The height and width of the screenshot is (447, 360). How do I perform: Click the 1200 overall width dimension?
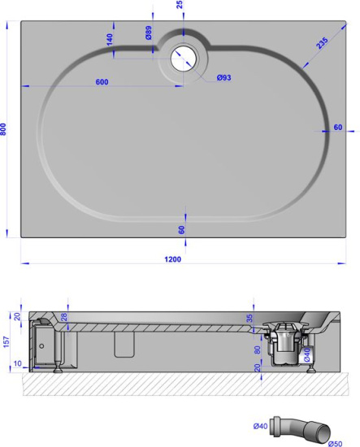pyautogui.click(x=172, y=259)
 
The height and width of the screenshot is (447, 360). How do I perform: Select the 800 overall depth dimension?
pyautogui.click(x=5, y=129)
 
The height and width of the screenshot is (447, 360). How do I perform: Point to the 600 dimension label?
pyautogui.click(x=102, y=81)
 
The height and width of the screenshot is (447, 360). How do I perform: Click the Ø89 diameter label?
pyautogui.click(x=149, y=34)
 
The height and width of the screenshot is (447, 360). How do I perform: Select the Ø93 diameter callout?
pyautogui.click(x=223, y=78)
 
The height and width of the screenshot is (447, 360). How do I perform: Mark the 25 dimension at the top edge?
pyautogui.click(x=180, y=5)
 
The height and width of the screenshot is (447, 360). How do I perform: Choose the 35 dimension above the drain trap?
pyautogui.click(x=249, y=319)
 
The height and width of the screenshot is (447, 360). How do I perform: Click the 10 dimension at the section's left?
pyautogui.click(x=18, y=363)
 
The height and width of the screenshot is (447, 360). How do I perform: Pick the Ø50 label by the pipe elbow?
pyautogui.click(x=334, y=442)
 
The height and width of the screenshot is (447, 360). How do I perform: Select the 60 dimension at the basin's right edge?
pyautogui.click(x=337, y=128)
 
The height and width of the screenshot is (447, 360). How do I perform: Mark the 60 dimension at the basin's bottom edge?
pyautogui.click(x=181, y=229)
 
